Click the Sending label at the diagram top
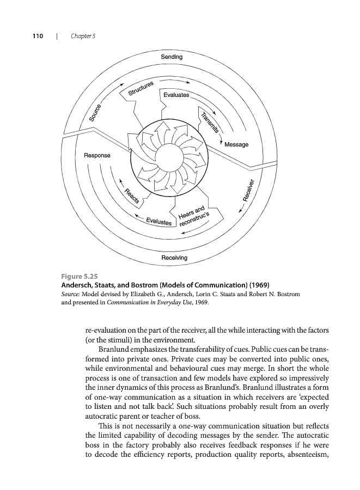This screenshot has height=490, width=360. click(172, 57)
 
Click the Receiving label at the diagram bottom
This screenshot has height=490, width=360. click(174, 257)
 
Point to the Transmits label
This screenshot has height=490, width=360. click(209, 122)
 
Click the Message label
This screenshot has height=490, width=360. click(236, 144)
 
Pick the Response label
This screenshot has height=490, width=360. click(97, 156)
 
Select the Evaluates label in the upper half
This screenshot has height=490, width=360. click(176, 95)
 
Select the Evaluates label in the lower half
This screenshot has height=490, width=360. click(159, 222)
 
